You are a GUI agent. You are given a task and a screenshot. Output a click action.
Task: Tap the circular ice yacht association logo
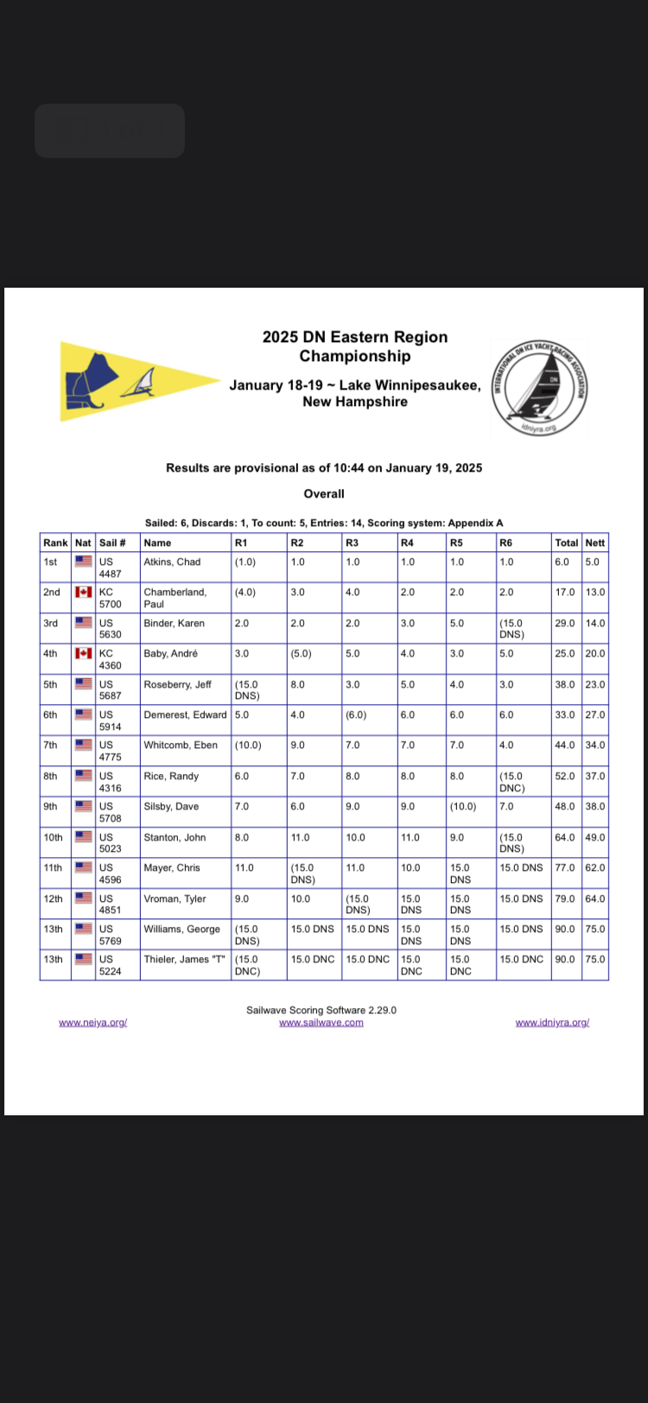pyautogui.click(x=540, y=387)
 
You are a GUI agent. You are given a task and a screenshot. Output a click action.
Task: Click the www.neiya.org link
pyautogui.click(x=93, y=1022)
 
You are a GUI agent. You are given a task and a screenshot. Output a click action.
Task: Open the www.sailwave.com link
pyautogui.click(x=321, y=1022)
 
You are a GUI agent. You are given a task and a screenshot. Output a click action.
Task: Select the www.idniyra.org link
pyautogui.click(x=552, y=1022)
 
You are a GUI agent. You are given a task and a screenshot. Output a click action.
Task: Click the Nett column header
pyautogui.click(x=595, y=543)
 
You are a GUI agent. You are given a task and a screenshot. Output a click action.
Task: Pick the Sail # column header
pyautogui.click(x=112, y=543)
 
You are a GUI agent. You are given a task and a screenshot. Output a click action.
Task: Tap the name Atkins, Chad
pyautogui.click(x=172, y=562)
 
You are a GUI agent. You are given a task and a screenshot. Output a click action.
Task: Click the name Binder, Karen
pyautogui.click(x=174, y=623)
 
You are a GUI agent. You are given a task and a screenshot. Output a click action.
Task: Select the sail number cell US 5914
pyautogui.click(x=110, y=721)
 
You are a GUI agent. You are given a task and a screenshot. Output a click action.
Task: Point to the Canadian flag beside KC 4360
pyautogui.click(x=84, y=653)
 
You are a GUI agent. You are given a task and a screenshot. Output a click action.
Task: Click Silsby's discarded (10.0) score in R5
pyautogui.click(x=462, y=806)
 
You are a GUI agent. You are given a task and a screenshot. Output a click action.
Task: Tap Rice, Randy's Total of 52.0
pyautogui.click(x=564, y=776)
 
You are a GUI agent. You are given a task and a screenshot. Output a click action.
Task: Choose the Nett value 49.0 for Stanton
pyautogui.click(x=595, y=837)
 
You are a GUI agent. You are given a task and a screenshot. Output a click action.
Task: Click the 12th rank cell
pyautogui.click(x=53, y=898)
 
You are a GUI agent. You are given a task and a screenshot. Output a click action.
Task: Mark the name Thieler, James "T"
pyautogui.click(x=184, y=959)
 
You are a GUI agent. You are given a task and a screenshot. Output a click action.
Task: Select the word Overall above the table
pyautogui.click(x=324, y=494)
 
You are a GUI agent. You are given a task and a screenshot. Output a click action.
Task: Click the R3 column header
pyautogui.click(x=352, y=543)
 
